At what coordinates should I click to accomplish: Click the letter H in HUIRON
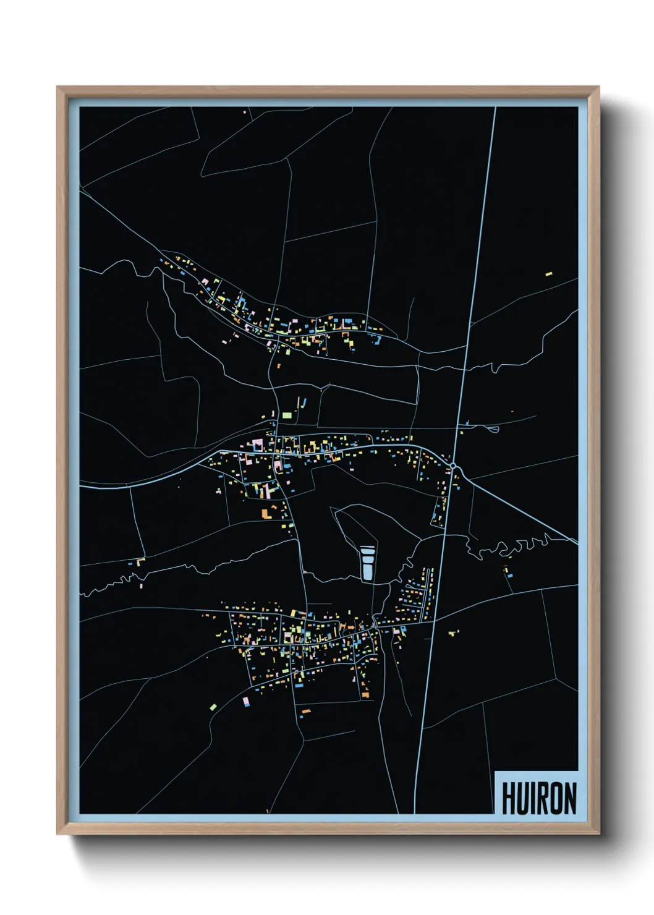click(x=509, y=798)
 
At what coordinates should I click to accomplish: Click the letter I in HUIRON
click(x=534, y=798)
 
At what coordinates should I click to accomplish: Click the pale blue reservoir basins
click(x=367, y=563)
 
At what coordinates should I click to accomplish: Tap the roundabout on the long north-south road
click(x=453, y=466)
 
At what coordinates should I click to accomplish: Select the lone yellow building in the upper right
click(x=548, y=273)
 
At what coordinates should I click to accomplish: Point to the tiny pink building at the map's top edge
click(x=245, y=112)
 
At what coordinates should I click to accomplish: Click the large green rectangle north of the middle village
click(x=287, y=415)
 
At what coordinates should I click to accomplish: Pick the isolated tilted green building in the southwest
click(x=213, y=706)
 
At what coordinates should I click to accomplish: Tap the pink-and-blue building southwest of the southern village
click(x=246, y=702)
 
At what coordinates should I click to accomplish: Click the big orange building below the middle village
click(x=265, y=513)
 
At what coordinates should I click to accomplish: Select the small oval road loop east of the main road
click(x=493, y=428)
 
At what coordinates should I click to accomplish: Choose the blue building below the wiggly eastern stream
click(x=509, y=576)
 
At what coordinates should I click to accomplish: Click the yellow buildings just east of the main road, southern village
click(x=454, y=632)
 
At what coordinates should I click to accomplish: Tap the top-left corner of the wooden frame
click(x=57, y=87)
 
